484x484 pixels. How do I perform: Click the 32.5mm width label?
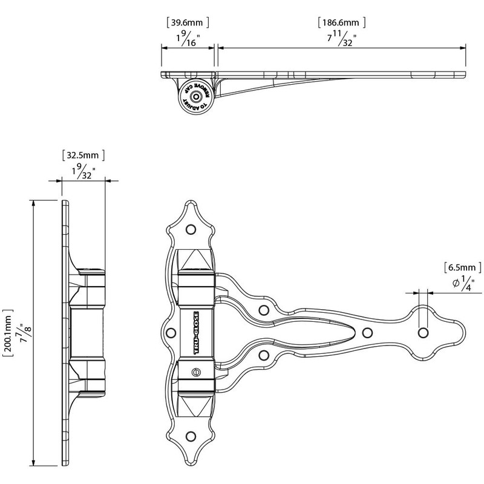83,154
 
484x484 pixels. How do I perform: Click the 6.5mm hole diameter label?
462,266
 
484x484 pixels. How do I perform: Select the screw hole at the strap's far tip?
423,333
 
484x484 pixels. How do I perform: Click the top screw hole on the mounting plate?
191,230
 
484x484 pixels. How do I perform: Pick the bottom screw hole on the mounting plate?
191,435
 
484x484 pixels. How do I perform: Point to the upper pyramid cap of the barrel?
196,261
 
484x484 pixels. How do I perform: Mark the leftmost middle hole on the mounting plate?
171,332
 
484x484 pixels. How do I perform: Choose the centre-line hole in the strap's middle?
366,332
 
